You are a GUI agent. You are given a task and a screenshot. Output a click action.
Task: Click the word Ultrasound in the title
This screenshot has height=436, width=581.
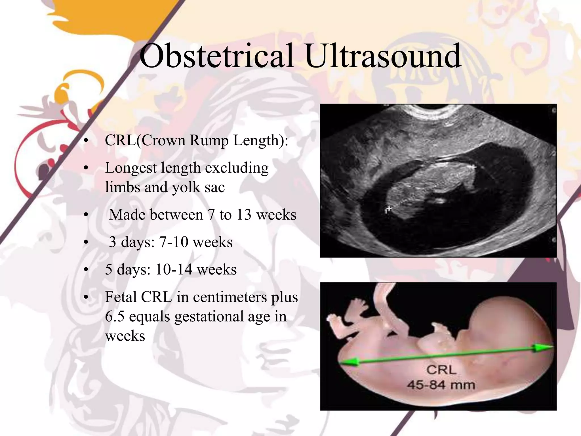click(x=383, y=56)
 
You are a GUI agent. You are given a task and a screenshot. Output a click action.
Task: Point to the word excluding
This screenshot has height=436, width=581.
click(x=237, y=168)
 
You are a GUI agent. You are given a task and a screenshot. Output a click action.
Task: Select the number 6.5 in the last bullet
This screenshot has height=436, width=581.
click(x=115, y=316)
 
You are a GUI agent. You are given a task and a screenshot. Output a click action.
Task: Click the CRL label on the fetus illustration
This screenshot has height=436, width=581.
click(x=441, y=370)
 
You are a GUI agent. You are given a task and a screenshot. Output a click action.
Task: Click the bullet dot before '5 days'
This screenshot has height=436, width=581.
click(x=86, y=270)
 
